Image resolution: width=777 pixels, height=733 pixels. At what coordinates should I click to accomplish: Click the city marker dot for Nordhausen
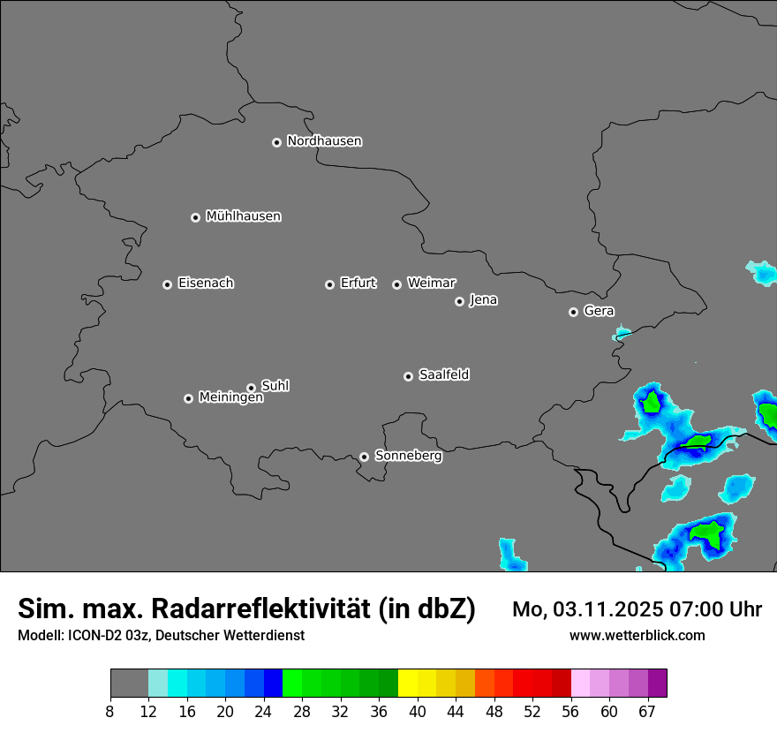(276, 142)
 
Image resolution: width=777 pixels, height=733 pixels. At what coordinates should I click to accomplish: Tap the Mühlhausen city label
(243, 216)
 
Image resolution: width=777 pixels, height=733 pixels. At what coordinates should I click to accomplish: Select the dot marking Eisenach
(167, 284)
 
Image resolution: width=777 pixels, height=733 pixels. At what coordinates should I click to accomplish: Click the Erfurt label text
(358, 283)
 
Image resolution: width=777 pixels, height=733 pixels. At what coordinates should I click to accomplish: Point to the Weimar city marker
(396, 284)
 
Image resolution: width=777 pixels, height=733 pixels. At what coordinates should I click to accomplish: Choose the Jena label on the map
(483, 300)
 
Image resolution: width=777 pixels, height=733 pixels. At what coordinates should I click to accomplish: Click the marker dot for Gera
(573, 312)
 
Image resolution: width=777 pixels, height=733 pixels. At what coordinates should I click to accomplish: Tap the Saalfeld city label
(443, 375)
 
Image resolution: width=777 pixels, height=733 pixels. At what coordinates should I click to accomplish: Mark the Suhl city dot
(251, 388)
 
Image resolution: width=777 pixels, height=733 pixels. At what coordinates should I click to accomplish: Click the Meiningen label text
(230, 398)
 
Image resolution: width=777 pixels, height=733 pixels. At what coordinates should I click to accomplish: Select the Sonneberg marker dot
(364, 457)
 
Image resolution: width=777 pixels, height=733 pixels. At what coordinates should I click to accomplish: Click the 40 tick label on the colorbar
(418, 712)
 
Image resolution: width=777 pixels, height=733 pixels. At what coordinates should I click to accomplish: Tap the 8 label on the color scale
(110, 712)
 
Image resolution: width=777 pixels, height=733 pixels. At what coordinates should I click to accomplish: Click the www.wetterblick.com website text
(637, 635)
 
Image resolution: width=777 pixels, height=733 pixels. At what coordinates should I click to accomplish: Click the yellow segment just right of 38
(408, 684)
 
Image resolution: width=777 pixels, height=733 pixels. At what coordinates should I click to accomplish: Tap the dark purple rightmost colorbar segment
(657, 684)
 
